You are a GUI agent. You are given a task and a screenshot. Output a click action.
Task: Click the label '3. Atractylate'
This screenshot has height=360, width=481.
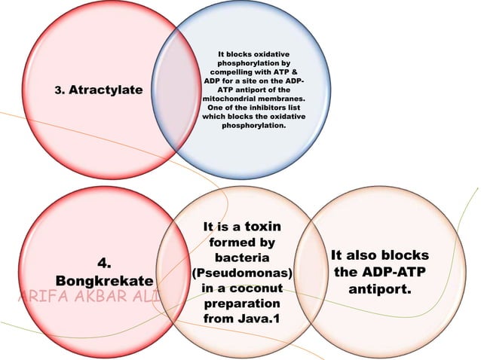tap(100, 90)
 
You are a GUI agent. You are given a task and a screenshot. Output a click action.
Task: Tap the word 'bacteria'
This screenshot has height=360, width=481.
tap(243, 258)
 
